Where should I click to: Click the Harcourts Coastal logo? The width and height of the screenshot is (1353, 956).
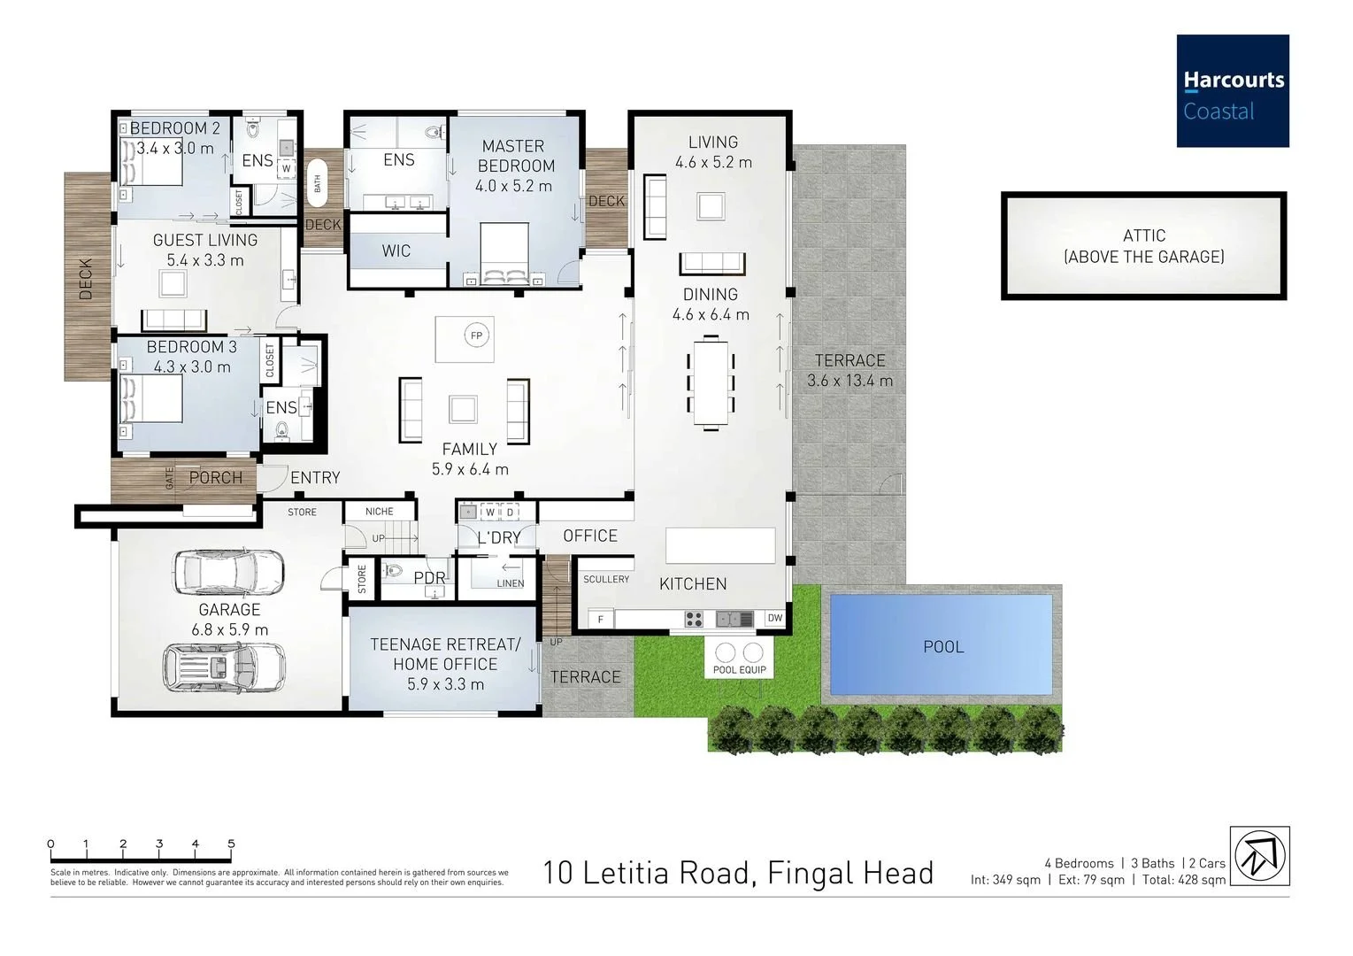tap(1233, 90)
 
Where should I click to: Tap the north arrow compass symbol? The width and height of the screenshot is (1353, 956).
tap(1259, 856)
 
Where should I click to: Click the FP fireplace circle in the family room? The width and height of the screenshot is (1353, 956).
tap(476, 335)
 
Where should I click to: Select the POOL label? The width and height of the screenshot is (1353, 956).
tap(943, 647)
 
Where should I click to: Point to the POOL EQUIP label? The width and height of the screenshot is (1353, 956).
tap(739, 669)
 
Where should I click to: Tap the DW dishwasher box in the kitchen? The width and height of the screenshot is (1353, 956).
tap(775, 618)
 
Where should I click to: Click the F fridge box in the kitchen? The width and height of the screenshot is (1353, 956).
tap(600, 619)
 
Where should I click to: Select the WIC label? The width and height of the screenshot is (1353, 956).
tap(396, 251)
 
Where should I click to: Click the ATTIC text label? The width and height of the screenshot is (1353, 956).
tap(1144, 235)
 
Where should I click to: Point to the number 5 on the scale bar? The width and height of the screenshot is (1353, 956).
tap(231, 844)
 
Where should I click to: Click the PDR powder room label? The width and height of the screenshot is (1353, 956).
tap(429, 578)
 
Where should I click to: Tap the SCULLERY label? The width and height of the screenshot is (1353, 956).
tap(606, 579)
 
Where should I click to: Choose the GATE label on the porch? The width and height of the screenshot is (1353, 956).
tap(169, 478)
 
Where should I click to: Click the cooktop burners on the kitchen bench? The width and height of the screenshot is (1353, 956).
tap(694, 619)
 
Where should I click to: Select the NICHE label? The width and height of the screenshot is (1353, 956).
tap(380, 512)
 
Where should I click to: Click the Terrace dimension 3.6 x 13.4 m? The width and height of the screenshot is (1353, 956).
tap(849, 381)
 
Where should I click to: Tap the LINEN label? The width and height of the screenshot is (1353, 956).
tap(511, 583)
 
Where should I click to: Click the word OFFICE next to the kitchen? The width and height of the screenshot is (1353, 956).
tap(590, 536)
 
